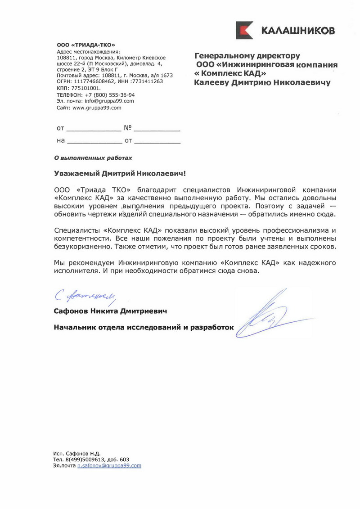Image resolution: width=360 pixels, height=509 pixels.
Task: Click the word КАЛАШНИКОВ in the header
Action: pyautogui.click(x=297, y=31)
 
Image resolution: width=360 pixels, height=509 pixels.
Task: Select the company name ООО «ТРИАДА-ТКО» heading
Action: pyautogui.click(x=86, y=45)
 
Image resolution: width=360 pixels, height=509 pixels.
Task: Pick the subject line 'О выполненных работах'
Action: pyautogui.click(x=93, y=158)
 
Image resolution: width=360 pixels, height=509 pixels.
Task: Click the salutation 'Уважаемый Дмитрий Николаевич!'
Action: pyautogui.click(x=119, y=173)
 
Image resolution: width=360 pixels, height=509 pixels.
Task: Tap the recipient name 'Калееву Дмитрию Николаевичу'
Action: pyautogui.click(x=262, y=83)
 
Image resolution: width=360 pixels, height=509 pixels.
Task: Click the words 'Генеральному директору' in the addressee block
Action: pyautogui.click(x=247, y=56)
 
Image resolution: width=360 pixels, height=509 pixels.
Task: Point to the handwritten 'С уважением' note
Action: pyautogui.click(x=85, y=296)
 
